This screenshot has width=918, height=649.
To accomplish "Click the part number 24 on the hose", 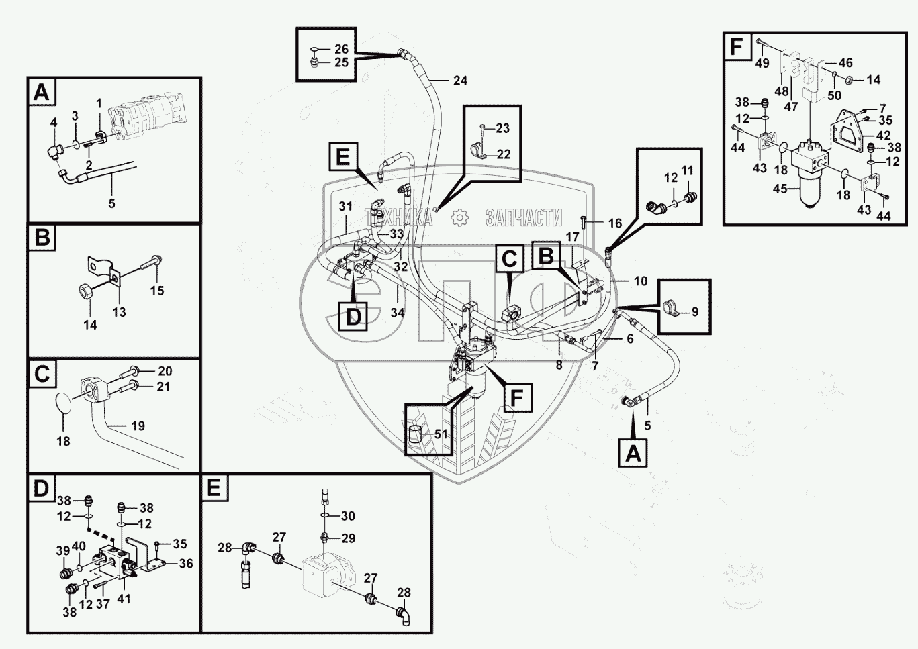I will (x=459, y=81).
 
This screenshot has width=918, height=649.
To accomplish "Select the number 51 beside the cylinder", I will (x=441, y=434).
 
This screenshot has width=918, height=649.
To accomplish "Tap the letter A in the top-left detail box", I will (x=42, y=92).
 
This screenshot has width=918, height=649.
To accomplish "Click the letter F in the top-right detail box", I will (x=737, y=47).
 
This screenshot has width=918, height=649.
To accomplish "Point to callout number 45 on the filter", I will (x=780, y=189).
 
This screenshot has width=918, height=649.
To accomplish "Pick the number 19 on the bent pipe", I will (x=138, y=426).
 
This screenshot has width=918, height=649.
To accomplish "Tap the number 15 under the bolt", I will (x=156, y=291).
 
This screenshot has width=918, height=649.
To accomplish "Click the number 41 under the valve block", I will (x=124, y=599).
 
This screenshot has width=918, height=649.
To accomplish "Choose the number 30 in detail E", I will (x=348, y=516).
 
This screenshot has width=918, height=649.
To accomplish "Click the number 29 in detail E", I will (x=348, y=538).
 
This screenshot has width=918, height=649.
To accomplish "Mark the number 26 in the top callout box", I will (x=341, y=49).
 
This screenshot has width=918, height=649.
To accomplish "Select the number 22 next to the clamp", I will (x=503, y=154).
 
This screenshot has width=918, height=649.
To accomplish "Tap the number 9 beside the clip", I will (x=694, y=311).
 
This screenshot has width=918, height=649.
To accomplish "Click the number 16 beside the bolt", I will (x=614, y=223).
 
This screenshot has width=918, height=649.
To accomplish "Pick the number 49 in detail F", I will (x=762, y=63).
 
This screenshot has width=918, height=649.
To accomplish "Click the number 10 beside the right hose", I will (x=641, y=281).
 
